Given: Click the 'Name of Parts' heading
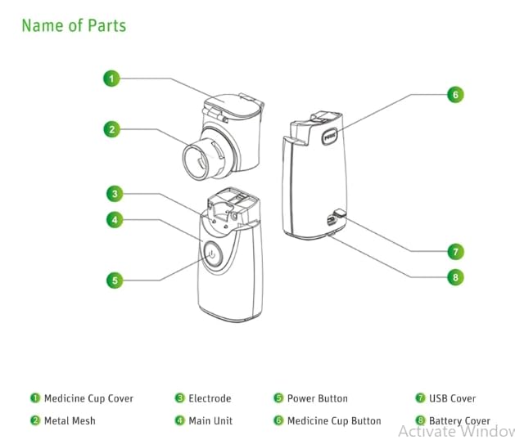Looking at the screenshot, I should tap(74, 25).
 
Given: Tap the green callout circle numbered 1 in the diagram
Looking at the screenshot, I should tap(112, 79).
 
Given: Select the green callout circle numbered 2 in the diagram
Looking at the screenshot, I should tap(112, 128).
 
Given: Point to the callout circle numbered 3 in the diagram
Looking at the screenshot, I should tap(115, 194).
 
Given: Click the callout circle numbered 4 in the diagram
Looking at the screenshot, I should tap(115, 219).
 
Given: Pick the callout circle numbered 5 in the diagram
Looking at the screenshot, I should tap(115, 280).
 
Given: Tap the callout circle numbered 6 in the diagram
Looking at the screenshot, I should tap(455, 94).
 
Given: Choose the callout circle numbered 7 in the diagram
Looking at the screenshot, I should tap(455, 251).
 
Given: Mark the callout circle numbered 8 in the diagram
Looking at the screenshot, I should tap(455, 276).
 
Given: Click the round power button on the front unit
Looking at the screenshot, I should tap(211, 255).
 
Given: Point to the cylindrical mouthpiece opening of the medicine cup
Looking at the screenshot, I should tap(199, 159).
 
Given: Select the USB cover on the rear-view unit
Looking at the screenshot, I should tap(333, 219).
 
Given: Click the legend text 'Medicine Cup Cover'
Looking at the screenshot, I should tap(88, 399).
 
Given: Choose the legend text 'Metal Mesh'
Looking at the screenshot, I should tap(70, 421).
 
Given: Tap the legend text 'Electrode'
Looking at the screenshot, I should tap(210, 399).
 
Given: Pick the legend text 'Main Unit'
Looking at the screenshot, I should tap(210, 421).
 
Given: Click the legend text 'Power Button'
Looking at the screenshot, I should tap(317, 399).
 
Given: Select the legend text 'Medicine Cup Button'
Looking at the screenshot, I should tap(334, 421).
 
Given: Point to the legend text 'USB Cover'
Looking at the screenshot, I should tap(452, 399).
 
